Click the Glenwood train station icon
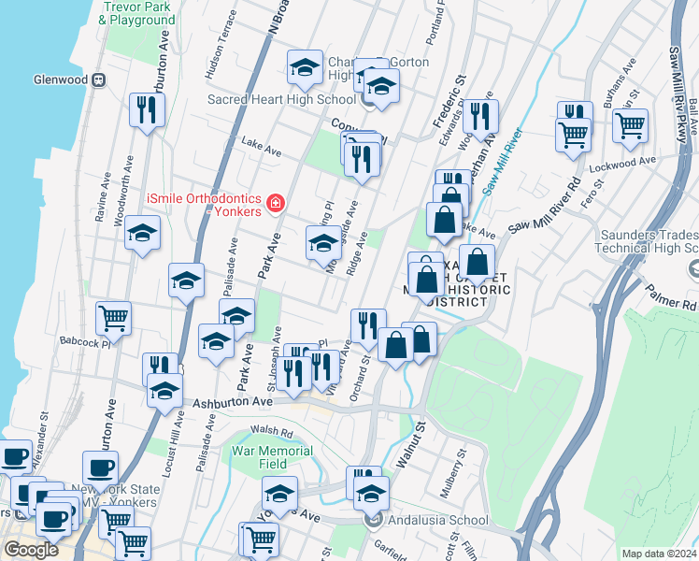pos(97,80)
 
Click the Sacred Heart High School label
pos(268,99)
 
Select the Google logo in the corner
pos(32,550)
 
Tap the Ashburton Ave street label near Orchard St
pos(233,403)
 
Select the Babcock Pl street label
pos(85,342)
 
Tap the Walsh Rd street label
pos(271,434)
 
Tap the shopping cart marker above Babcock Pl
pos(113,318)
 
